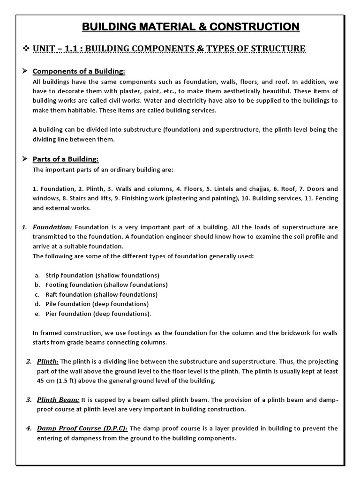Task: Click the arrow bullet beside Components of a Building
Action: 26,71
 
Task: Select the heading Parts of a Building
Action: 66,159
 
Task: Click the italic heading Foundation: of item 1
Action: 52,227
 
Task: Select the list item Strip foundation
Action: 102,275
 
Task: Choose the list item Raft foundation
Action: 101,294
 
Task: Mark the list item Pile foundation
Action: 97,304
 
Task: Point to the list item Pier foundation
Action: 98,314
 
